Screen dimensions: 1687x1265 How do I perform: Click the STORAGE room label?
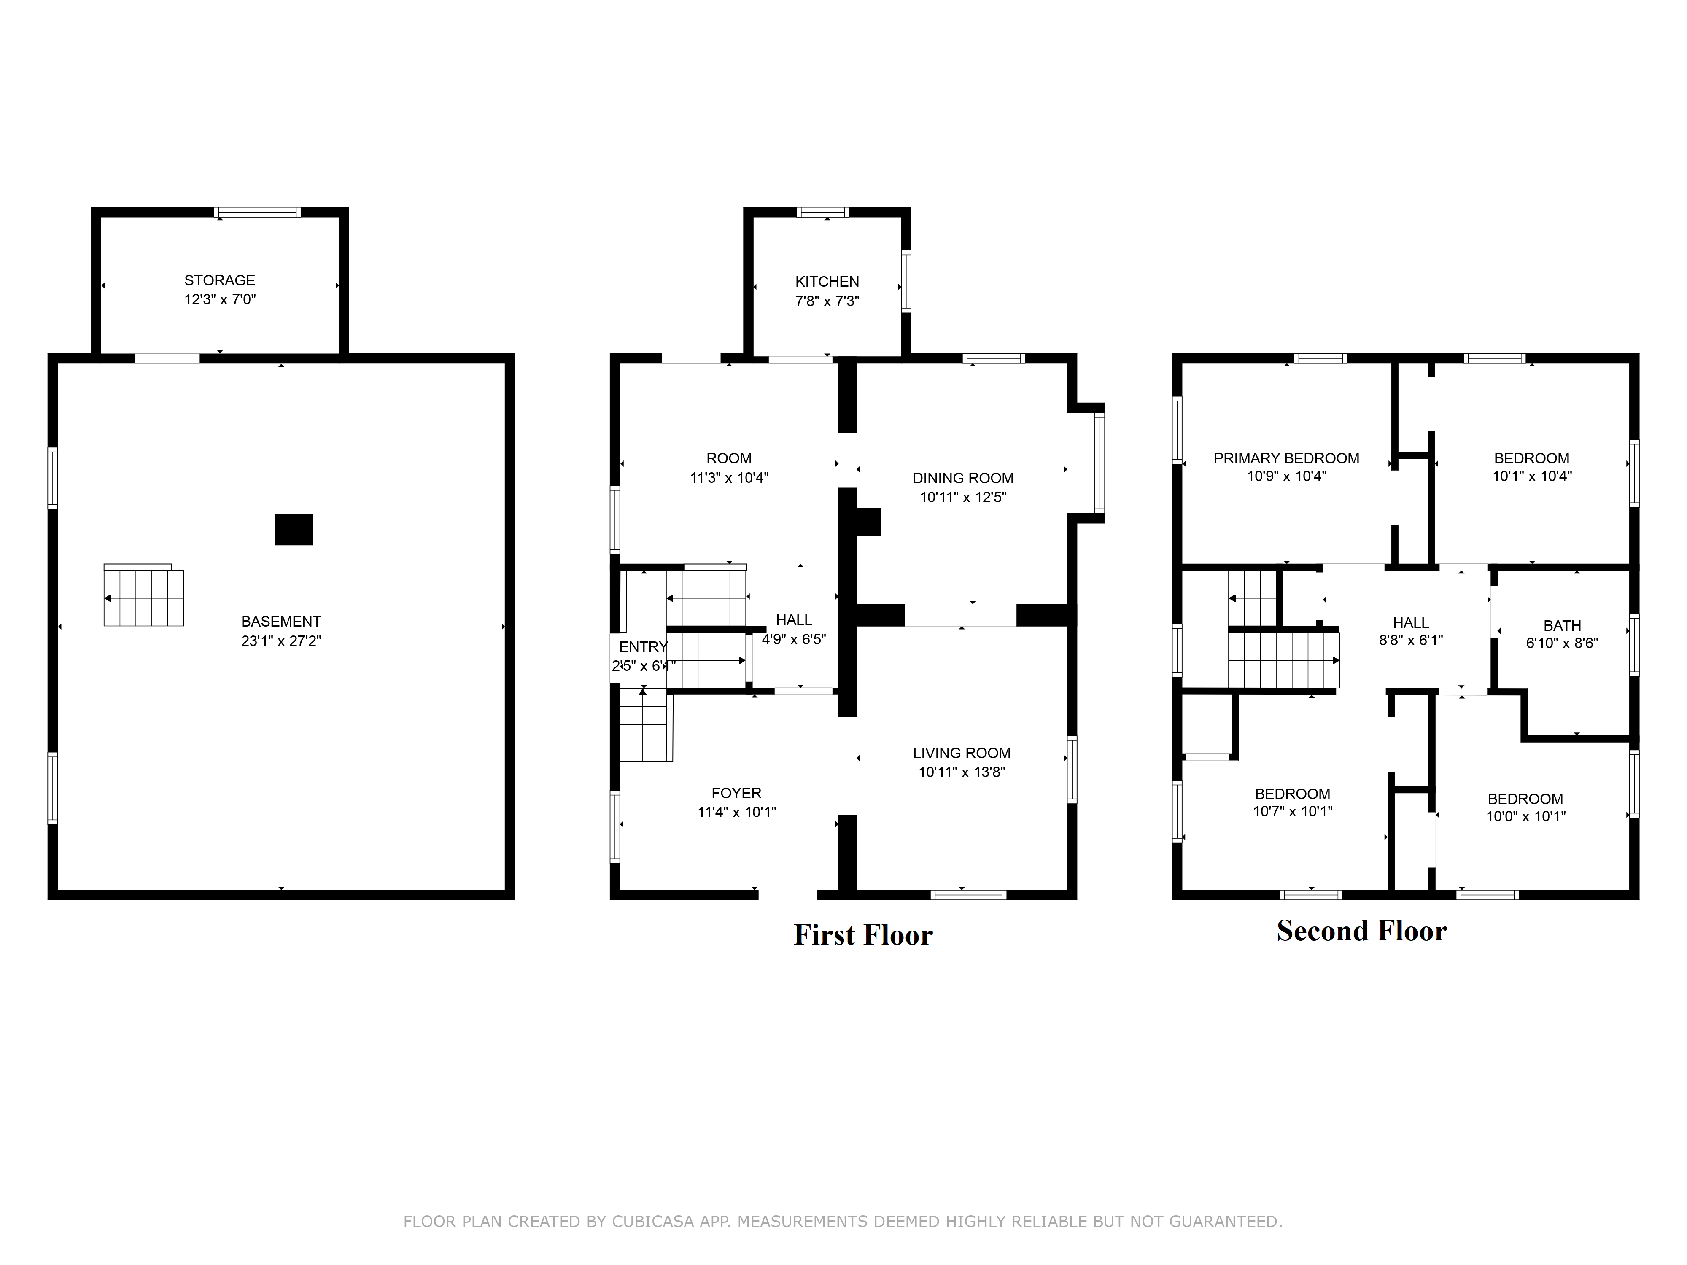(220, 280)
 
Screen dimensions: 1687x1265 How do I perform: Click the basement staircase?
(143, 595)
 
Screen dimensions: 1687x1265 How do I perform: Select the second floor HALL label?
(1410, 623)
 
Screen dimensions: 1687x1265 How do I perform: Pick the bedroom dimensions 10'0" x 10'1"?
(1525, 816)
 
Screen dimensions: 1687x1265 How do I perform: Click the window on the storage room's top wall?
(257, 212)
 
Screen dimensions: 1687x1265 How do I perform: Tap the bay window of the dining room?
(1099, 463)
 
